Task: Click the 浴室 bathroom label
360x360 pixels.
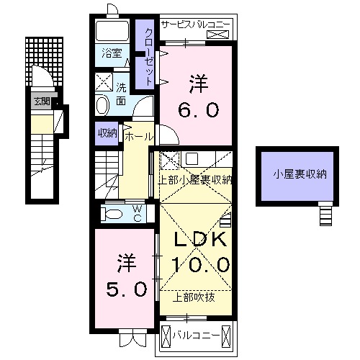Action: pos(111,53)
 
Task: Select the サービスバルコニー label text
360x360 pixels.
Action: pos(195,24)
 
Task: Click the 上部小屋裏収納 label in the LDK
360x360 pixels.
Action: pos(196,180)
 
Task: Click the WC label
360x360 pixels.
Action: pos(137,214)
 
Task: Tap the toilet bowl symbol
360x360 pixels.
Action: pos(112,214)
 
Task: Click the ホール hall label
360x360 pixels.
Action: pos(138,135)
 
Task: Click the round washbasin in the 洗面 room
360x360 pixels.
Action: pos(102,106)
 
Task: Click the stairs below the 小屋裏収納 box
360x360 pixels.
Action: pos(326,213)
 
